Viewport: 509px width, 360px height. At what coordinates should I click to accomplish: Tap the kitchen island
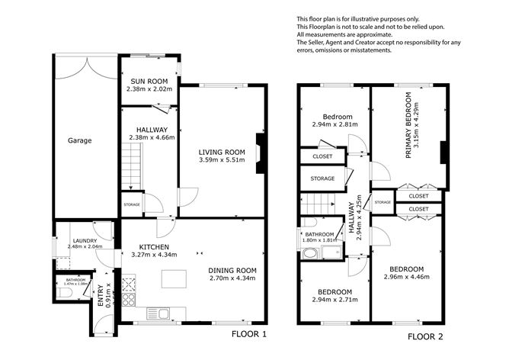pyautogui.click(x=174, y=280)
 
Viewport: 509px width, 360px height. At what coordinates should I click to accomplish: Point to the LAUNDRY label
pyautogui.click(x=85, y=241)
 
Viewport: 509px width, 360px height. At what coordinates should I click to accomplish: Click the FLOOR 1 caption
pyautogui.click(x=249, y=334)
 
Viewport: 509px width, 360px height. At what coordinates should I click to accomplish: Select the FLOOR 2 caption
pyautogui.click(x=425, y=336)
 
